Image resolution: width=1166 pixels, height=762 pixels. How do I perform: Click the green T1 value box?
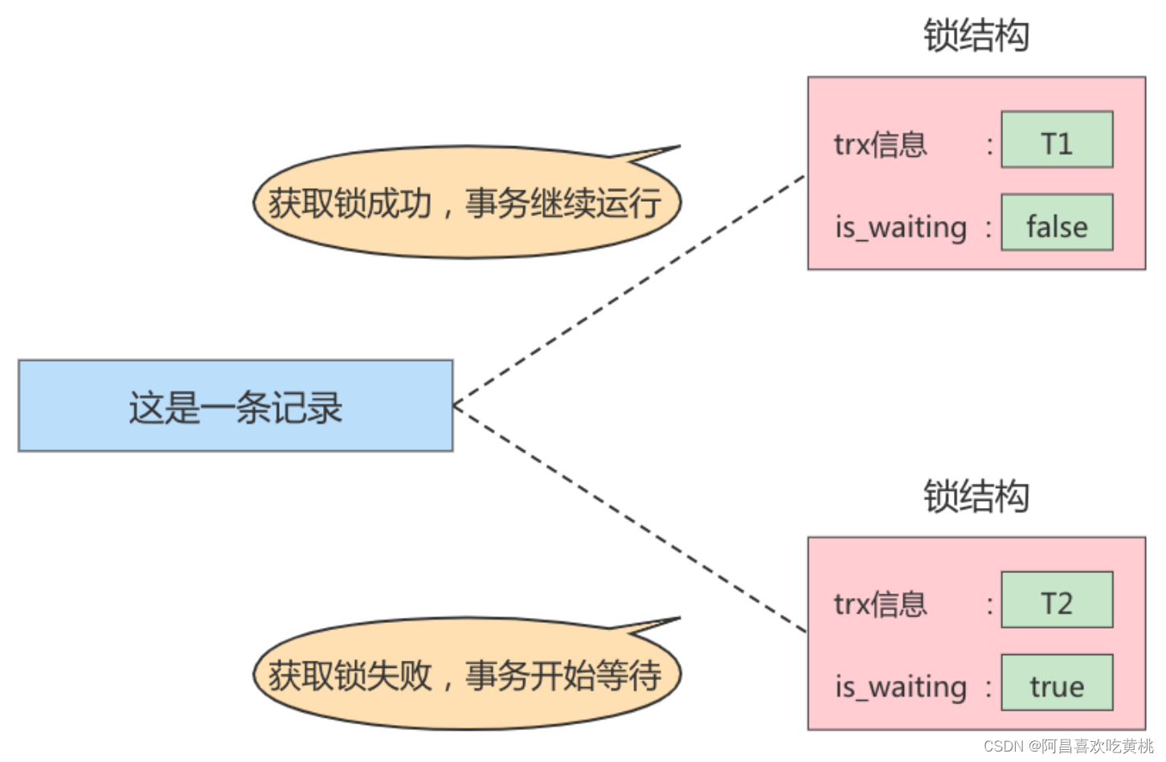click(x=1056, y=140)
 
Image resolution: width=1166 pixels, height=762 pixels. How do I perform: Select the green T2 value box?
click(x=1056, y=600)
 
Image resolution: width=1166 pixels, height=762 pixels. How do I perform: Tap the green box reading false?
click(x=1056, y=223)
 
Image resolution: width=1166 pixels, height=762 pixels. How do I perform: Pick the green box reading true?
click(x=1056, y=683)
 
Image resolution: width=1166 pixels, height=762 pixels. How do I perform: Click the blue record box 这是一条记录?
click(x=235, y=406)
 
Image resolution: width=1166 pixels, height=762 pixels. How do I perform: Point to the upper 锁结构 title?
click(x=976, y=36)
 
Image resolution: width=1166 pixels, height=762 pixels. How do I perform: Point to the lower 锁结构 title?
click(x=976, y=496)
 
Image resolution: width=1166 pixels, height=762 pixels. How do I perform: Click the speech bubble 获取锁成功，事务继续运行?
click(x=466, y=203)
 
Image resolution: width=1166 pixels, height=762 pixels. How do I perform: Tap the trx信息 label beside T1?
click(x=880, y=145)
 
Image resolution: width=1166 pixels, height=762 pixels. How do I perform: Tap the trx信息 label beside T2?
click(x=880, y=604)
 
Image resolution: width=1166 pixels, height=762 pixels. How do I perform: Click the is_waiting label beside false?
click(x=901, y=227)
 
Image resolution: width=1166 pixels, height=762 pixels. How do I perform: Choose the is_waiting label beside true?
click(x=901, y=687)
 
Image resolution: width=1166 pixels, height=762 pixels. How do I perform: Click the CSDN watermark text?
click(x=1068, y=746)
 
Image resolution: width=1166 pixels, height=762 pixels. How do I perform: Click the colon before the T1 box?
click(x=989, y=145)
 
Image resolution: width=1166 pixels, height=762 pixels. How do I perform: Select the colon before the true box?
click(x=989, y=687)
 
